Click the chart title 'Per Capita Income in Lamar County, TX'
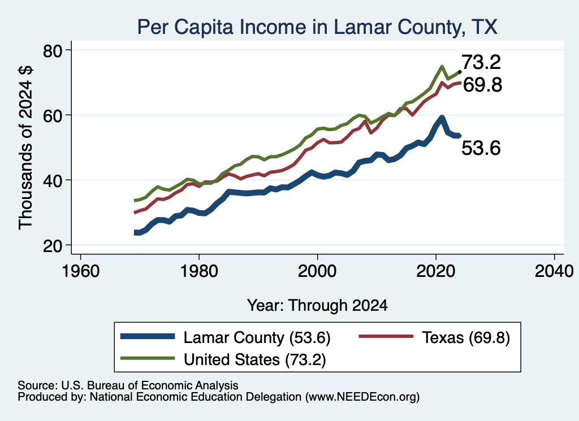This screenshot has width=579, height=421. click(317, 27)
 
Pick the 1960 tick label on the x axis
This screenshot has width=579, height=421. click(80, 272)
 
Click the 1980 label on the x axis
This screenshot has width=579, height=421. click(199, 272)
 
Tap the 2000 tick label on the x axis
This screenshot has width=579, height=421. click(317, 272)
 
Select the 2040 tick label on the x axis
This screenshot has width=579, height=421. click(554, 272)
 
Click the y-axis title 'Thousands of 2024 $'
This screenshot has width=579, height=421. click(25, 147)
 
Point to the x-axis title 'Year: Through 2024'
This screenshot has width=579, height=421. click(317, 306)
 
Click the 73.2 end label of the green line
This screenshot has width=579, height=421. click(481, 62)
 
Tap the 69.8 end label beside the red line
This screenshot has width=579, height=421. click(482, 85)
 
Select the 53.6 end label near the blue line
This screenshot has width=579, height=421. click(481, 148)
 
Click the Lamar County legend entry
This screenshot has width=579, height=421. click(226, 337)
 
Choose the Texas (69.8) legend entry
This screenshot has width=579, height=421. click(435, 337)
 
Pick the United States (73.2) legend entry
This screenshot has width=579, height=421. click(223, 359)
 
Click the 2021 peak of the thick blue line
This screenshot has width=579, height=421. click(442, 118)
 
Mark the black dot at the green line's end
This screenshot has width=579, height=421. click(460, 72)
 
